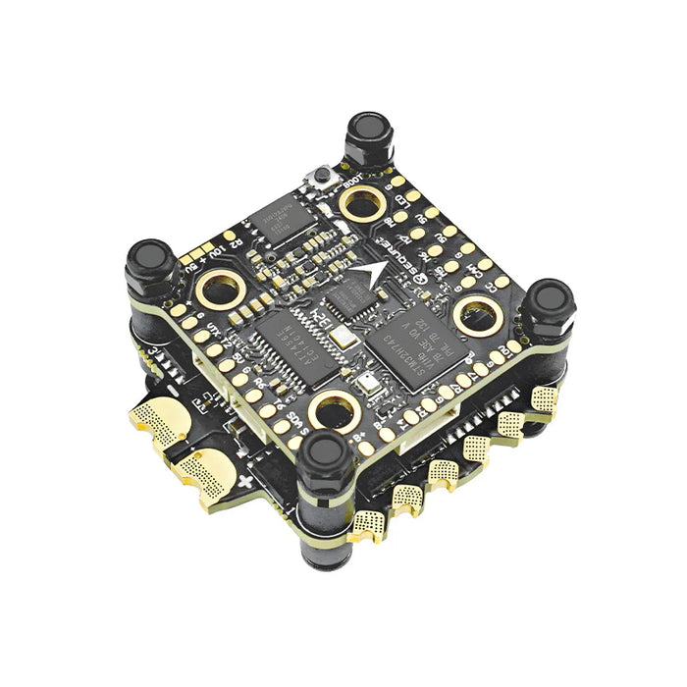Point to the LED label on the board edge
tap(402, 201)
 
